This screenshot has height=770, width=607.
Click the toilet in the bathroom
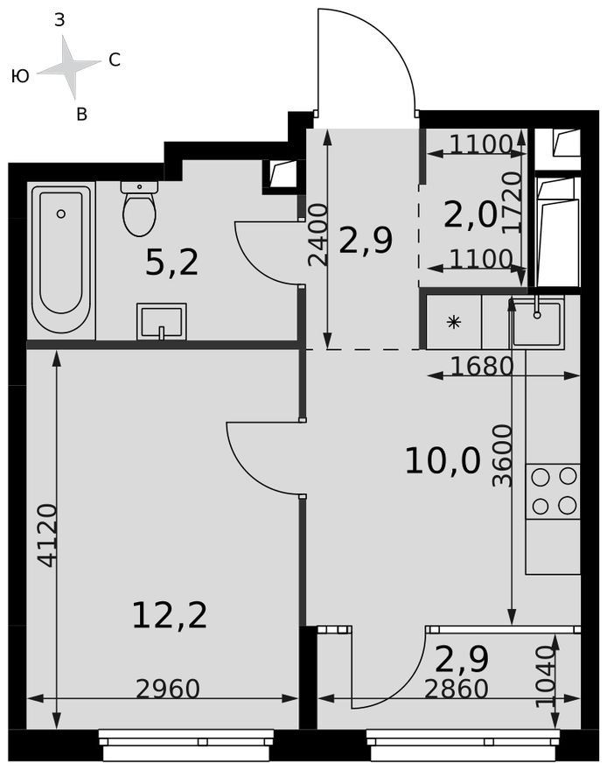pyautogui.click(x=139, y=208)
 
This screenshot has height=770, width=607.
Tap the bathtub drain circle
pyautogui.click(x=61, y=213)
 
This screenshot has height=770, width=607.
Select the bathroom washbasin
pyautogui.click(x=162, y=321)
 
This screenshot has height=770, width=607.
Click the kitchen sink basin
pyautogui.click(x=537, y=323)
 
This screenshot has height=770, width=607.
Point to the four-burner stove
pyautogui.click(x=553, y=491)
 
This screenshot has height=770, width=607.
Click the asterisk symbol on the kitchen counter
pyautogui.click(x=454, y=322)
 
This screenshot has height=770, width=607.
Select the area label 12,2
pyautogui.click(x=170, y=616)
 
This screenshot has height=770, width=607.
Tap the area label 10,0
pyautogui.click(x=443, y=462)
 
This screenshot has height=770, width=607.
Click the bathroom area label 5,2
pyautogui.click(x=172, y=262)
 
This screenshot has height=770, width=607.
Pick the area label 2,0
pyautogui.click(x=470, y=215)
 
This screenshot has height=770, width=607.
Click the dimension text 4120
pyautogui.click(x=48, y=535)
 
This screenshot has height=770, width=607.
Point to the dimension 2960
pyautogui.click(x=168, y=689)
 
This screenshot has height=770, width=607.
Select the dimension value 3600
pyautogui.click(x=502, y=456)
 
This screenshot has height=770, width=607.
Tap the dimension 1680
pyautogui.click(x=482, y=367)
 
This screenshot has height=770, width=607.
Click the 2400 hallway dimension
pyautogui.click(x=317, y=235)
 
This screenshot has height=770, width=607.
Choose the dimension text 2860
pyautogui.click(x=457, y=689)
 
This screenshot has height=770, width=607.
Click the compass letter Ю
pyautogui.click(x=20, y=76)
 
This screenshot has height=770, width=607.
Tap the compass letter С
pyautogui.click(x=115, y=59)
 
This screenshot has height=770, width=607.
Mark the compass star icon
pyautogui.click(x=70, y=66)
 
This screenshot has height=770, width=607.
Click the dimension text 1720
pyautogui.click(x=512, y=201)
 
